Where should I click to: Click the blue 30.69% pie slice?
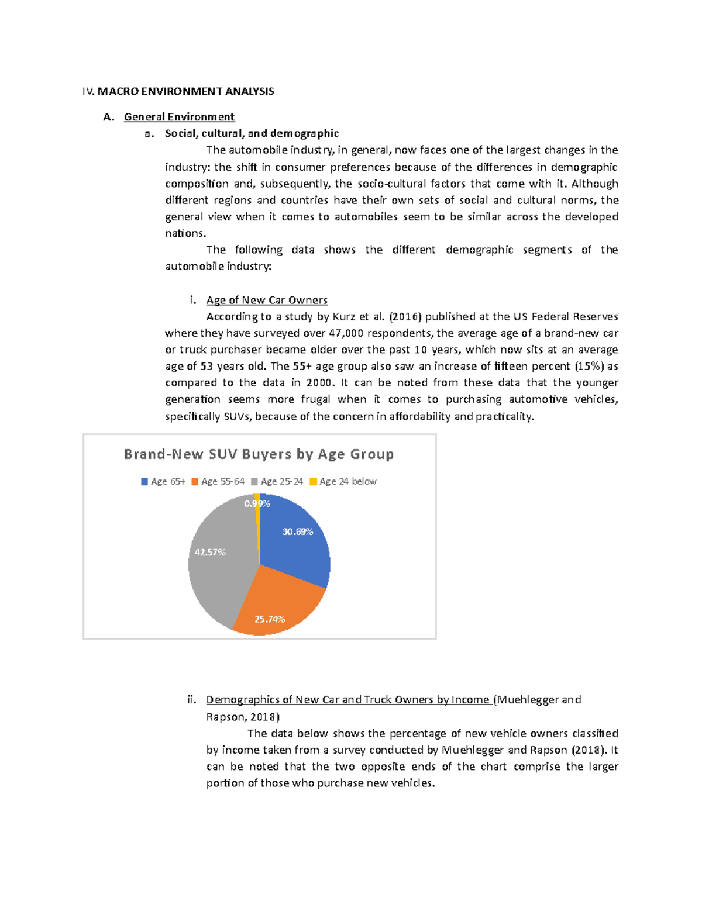click(x=295, y=544)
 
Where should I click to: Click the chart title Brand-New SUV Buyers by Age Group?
click(x=259, y=454)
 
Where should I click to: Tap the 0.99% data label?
click(x=257, y=503)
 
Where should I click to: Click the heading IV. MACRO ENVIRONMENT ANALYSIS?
click(x=178, y=91)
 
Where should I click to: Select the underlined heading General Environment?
click(x=179, y=117)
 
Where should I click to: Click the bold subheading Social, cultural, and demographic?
click(x=252, y=133)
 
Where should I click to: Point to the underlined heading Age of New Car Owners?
click(x=267, y=300)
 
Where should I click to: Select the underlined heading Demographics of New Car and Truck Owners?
click(x=347, y=700)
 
